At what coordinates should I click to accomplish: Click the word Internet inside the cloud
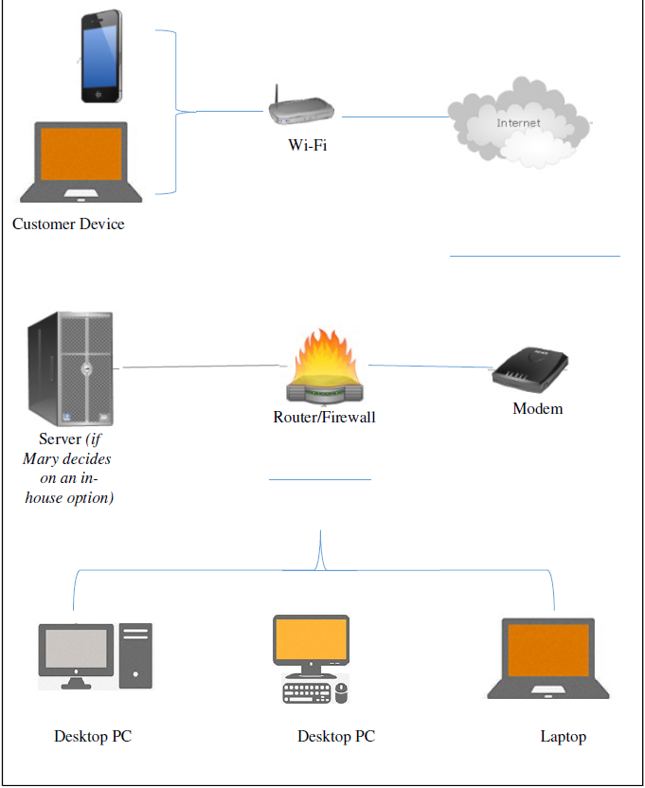pos(518,123)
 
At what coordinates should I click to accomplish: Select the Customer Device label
pos(68,224)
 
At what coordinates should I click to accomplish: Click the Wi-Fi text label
pos(308,145)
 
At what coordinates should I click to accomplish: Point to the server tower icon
pos(71,369)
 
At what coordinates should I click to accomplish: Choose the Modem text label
pos(537,409)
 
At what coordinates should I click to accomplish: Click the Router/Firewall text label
pos(324,417)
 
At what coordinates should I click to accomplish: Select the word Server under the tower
pos(60,439)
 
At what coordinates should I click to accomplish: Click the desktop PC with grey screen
pos(95,655)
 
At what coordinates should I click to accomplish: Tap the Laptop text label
pos(563,737)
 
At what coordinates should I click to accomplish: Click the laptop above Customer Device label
pos(81,161)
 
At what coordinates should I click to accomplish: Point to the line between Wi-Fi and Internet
pos(394,117)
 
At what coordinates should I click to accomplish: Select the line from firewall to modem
pos(428,367)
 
